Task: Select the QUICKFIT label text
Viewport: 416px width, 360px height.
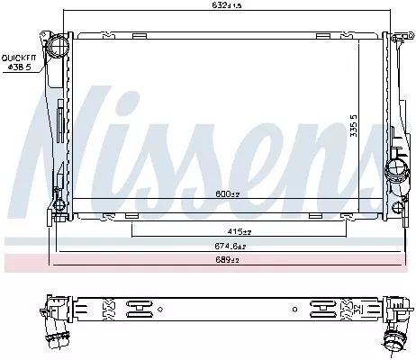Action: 18,57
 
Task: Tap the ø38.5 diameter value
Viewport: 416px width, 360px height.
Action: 19,67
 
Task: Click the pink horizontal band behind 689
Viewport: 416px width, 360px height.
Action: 108,262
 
